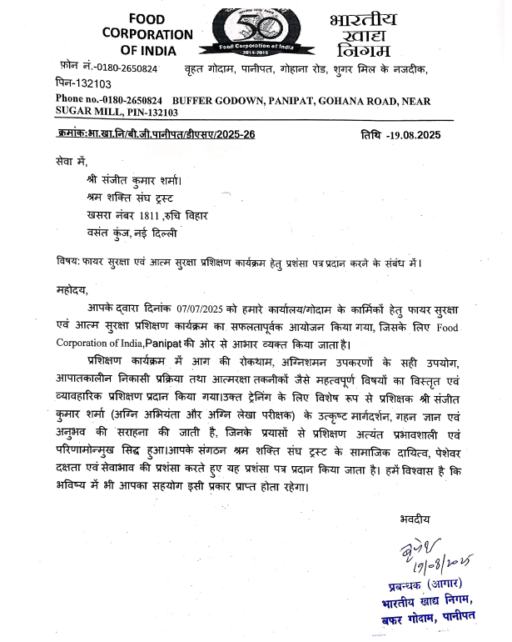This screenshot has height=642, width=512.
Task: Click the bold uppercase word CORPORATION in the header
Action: (x=147, y=34)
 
